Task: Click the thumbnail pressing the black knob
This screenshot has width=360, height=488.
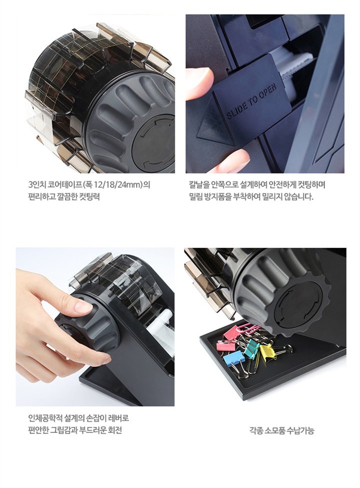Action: click(x=83, y=306)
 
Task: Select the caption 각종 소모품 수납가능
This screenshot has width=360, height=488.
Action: click(x=281, y=430)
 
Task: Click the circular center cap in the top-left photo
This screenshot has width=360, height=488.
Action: click(x=154, y=139)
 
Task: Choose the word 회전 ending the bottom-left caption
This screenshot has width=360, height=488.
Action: click(x=114, y=430)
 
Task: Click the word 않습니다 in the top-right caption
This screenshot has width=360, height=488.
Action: click(x=298, y=197)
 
